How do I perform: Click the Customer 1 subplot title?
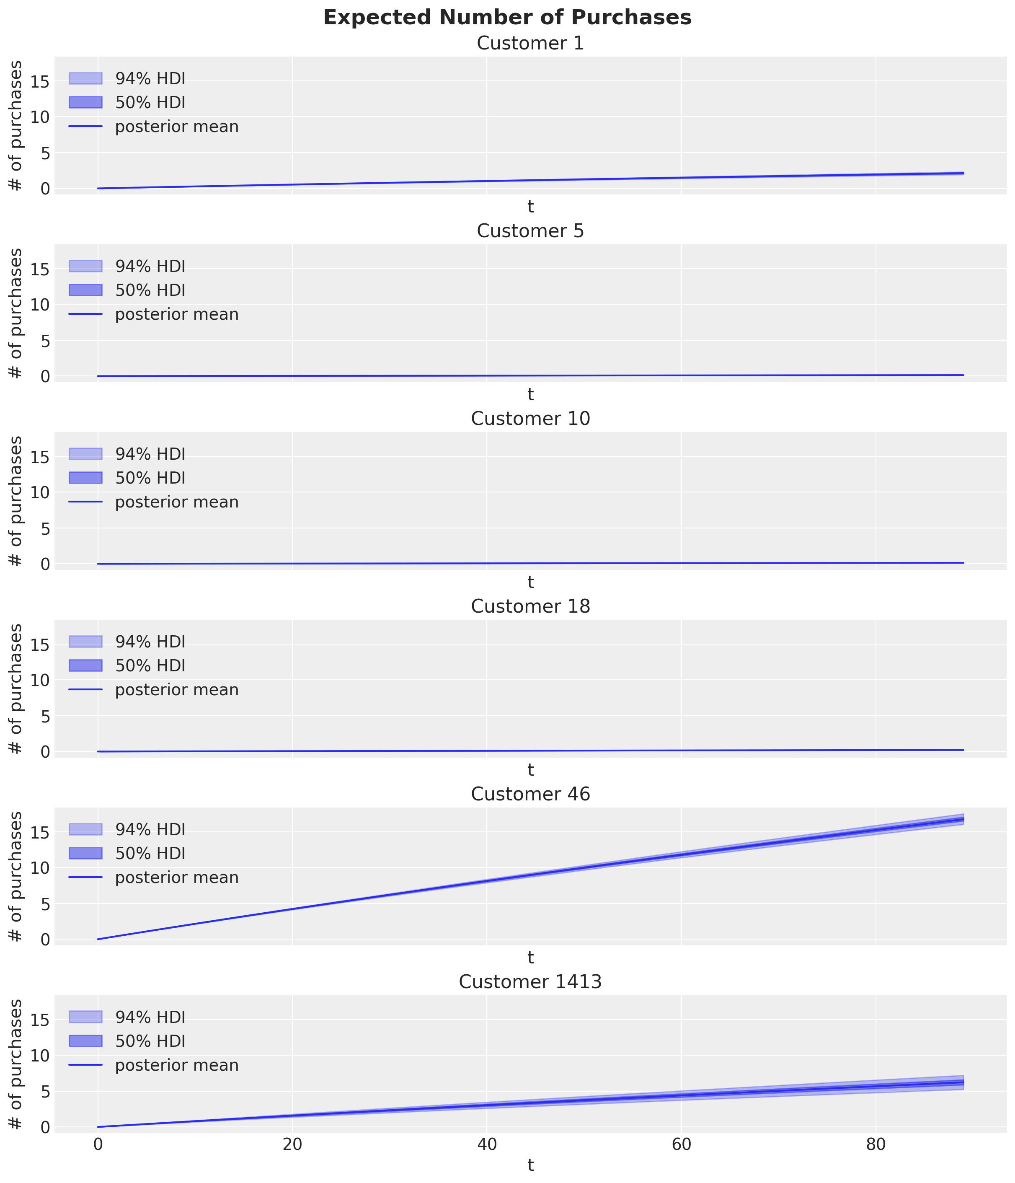click(530, 44)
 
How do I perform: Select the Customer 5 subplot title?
click(530, 231)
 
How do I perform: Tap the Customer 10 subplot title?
click(530, 419)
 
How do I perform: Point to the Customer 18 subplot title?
click(530, 607)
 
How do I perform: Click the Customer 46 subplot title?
click(530, 794)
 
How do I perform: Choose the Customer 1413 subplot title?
click(530, 982)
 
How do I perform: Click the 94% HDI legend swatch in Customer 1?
click(85, 78)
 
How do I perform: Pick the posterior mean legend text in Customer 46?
click(176, 878)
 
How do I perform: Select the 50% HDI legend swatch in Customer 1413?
click(85, 1041)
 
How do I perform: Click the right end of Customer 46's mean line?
click(963, 819)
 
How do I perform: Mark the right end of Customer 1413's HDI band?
click(963, 1082)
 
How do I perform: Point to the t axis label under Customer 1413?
click(530, 1166)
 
